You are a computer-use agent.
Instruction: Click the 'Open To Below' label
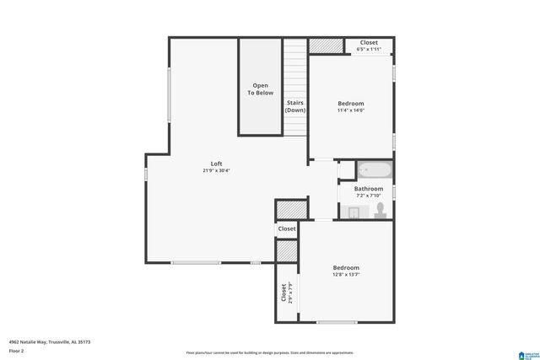click(x=260, y=89)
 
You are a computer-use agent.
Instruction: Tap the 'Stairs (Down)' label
click(x=295, y=106)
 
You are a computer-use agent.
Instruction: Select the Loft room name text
click(x=217, y=164)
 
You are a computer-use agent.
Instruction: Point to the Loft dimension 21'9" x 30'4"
click(x=217, y=171)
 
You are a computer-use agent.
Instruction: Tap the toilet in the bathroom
click(x=381, y=208)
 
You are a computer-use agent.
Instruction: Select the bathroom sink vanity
click(x=355, y=211)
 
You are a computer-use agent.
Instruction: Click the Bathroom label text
click(x=369, y=189)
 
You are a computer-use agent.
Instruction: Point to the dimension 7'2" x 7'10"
click(x=369, y=196)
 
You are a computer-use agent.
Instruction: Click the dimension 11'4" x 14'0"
click(x=351, y=110)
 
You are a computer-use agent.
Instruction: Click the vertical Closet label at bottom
click(x=283, y=293)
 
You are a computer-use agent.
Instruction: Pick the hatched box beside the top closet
click(x=321, y=46)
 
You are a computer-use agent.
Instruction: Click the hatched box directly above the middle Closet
click(x=288, y=210)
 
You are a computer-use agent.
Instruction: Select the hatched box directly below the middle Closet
click(x=287, y=250)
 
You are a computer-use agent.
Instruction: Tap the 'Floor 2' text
click(x=17, y=351)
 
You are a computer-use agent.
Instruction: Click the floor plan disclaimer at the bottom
click(x=270, y=352)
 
